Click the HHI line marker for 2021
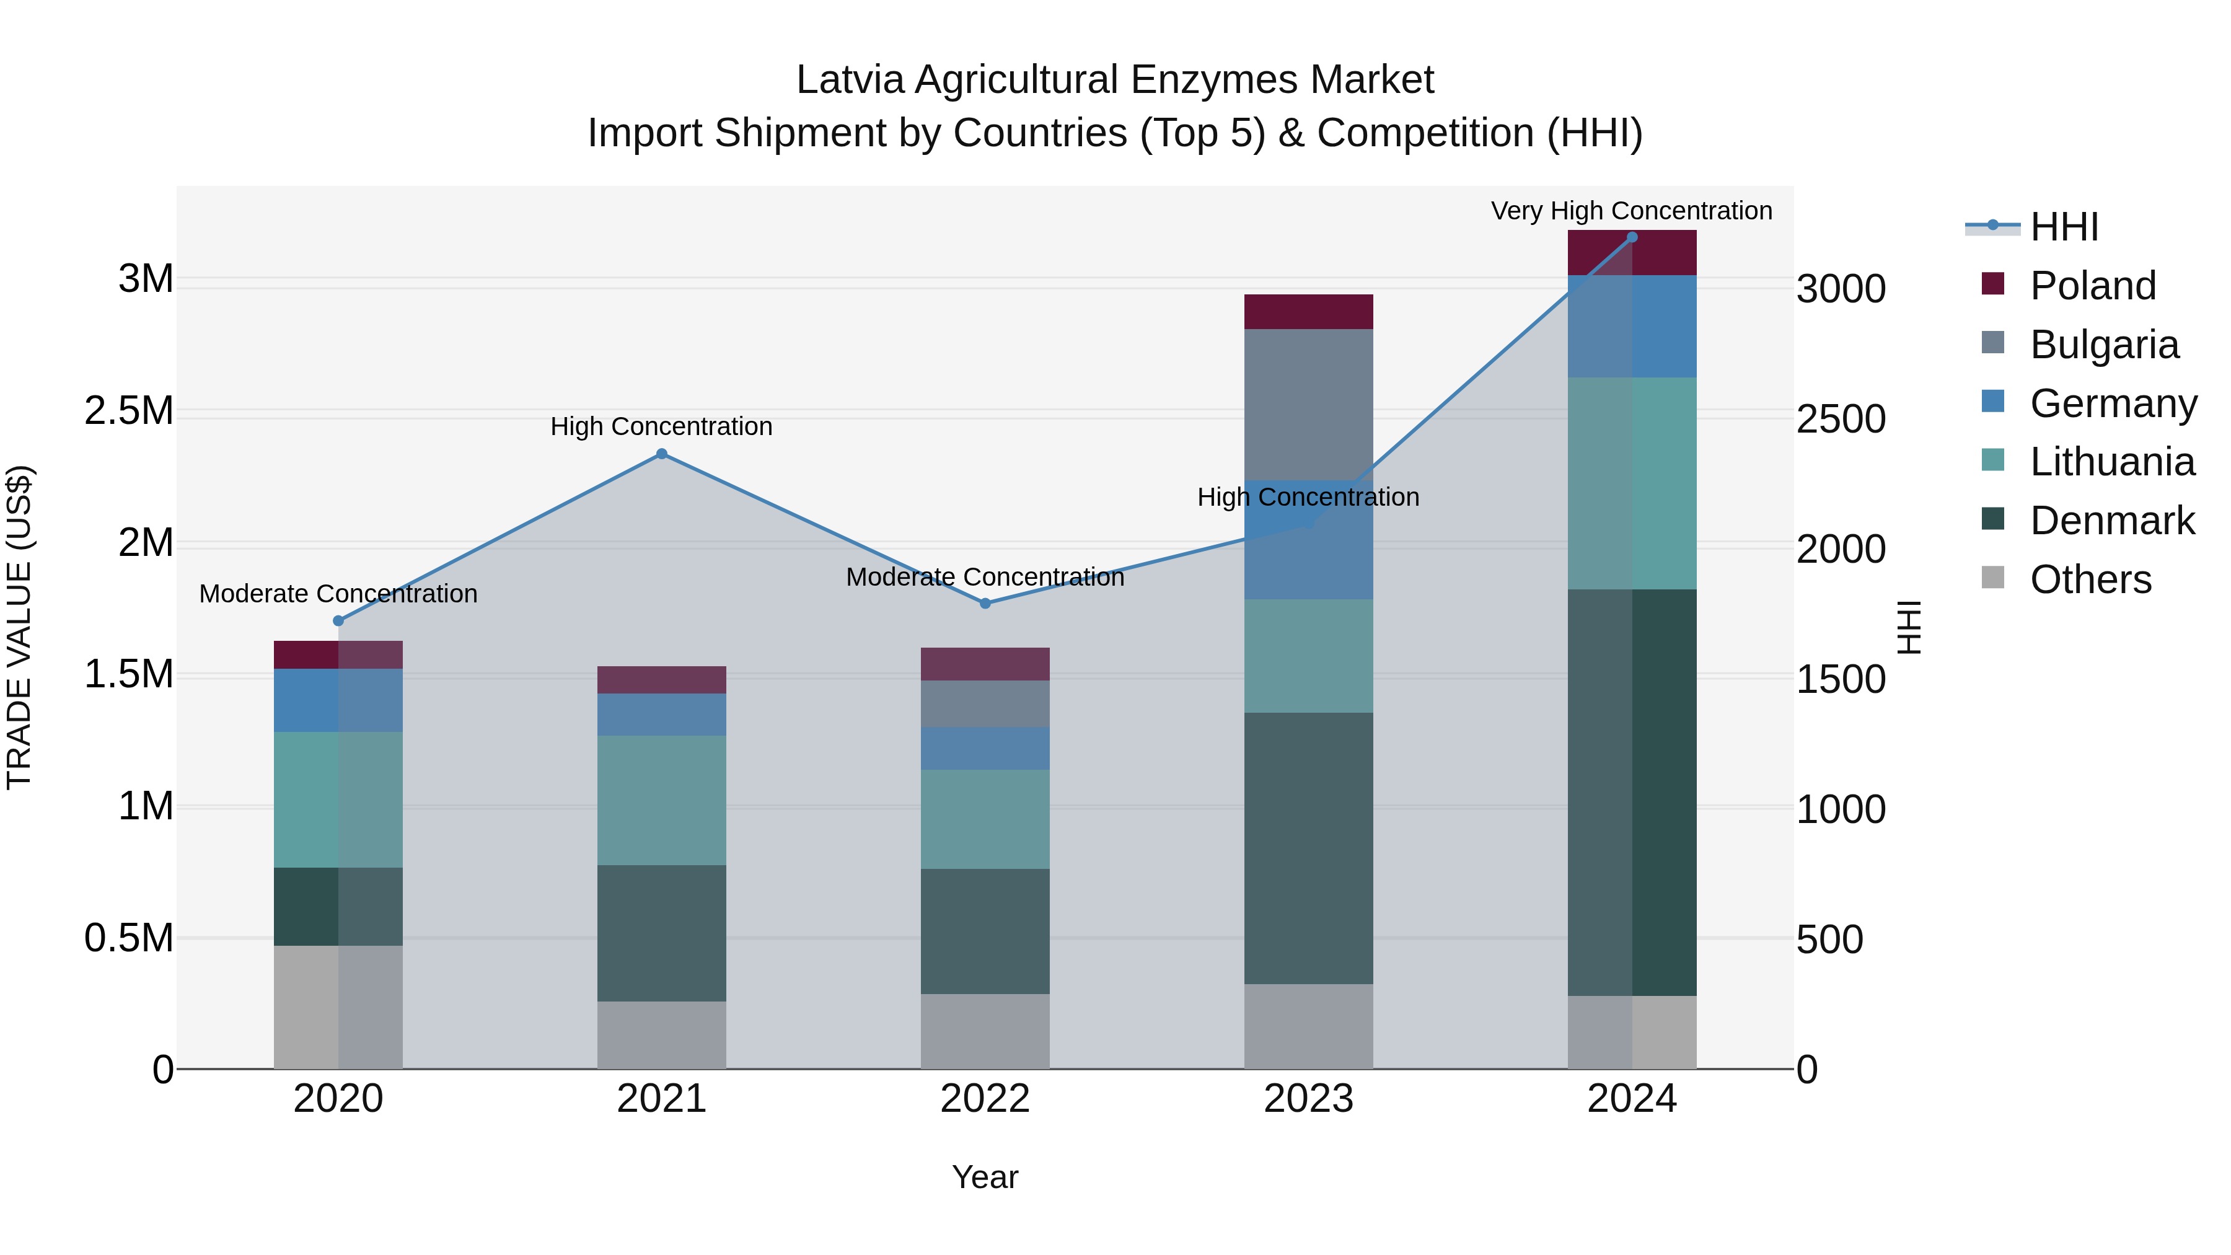(662, 454)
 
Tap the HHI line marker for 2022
(985, 603)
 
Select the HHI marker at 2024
(1632, 237)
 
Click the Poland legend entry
(2092, 286)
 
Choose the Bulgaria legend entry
(2103, 345)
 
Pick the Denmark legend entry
(2111, 521)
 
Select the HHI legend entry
(2063, 227)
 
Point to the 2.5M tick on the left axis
(128, 410)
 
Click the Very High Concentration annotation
(1631, 211)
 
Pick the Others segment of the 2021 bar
(662, 1035)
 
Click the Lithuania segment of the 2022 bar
(985, 819)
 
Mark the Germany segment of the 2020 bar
(338, 700)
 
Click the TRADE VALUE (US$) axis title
(19, 627)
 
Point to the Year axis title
(985, 1177)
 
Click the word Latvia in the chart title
(850, 80)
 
